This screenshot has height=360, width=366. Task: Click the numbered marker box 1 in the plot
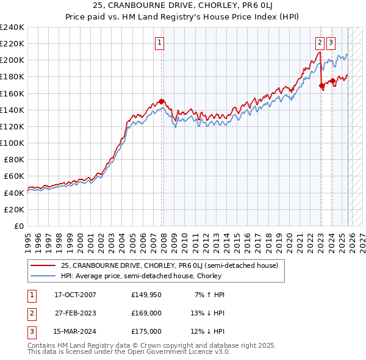(159, 42)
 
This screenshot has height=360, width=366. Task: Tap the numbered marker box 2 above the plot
(320, 42)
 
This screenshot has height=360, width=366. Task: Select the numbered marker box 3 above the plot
(331, 42)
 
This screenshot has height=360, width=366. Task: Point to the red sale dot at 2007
(162, 101)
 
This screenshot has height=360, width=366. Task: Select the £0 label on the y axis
(18, 226)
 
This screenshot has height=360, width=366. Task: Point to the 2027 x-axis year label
(362, 241)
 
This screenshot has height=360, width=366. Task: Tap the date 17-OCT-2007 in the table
(75, 295)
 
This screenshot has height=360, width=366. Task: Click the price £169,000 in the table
(146, 313)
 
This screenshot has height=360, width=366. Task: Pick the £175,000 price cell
(146, 331)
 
